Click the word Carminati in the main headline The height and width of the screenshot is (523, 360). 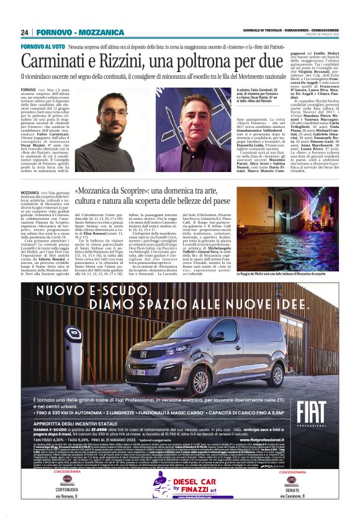(70, 62)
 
